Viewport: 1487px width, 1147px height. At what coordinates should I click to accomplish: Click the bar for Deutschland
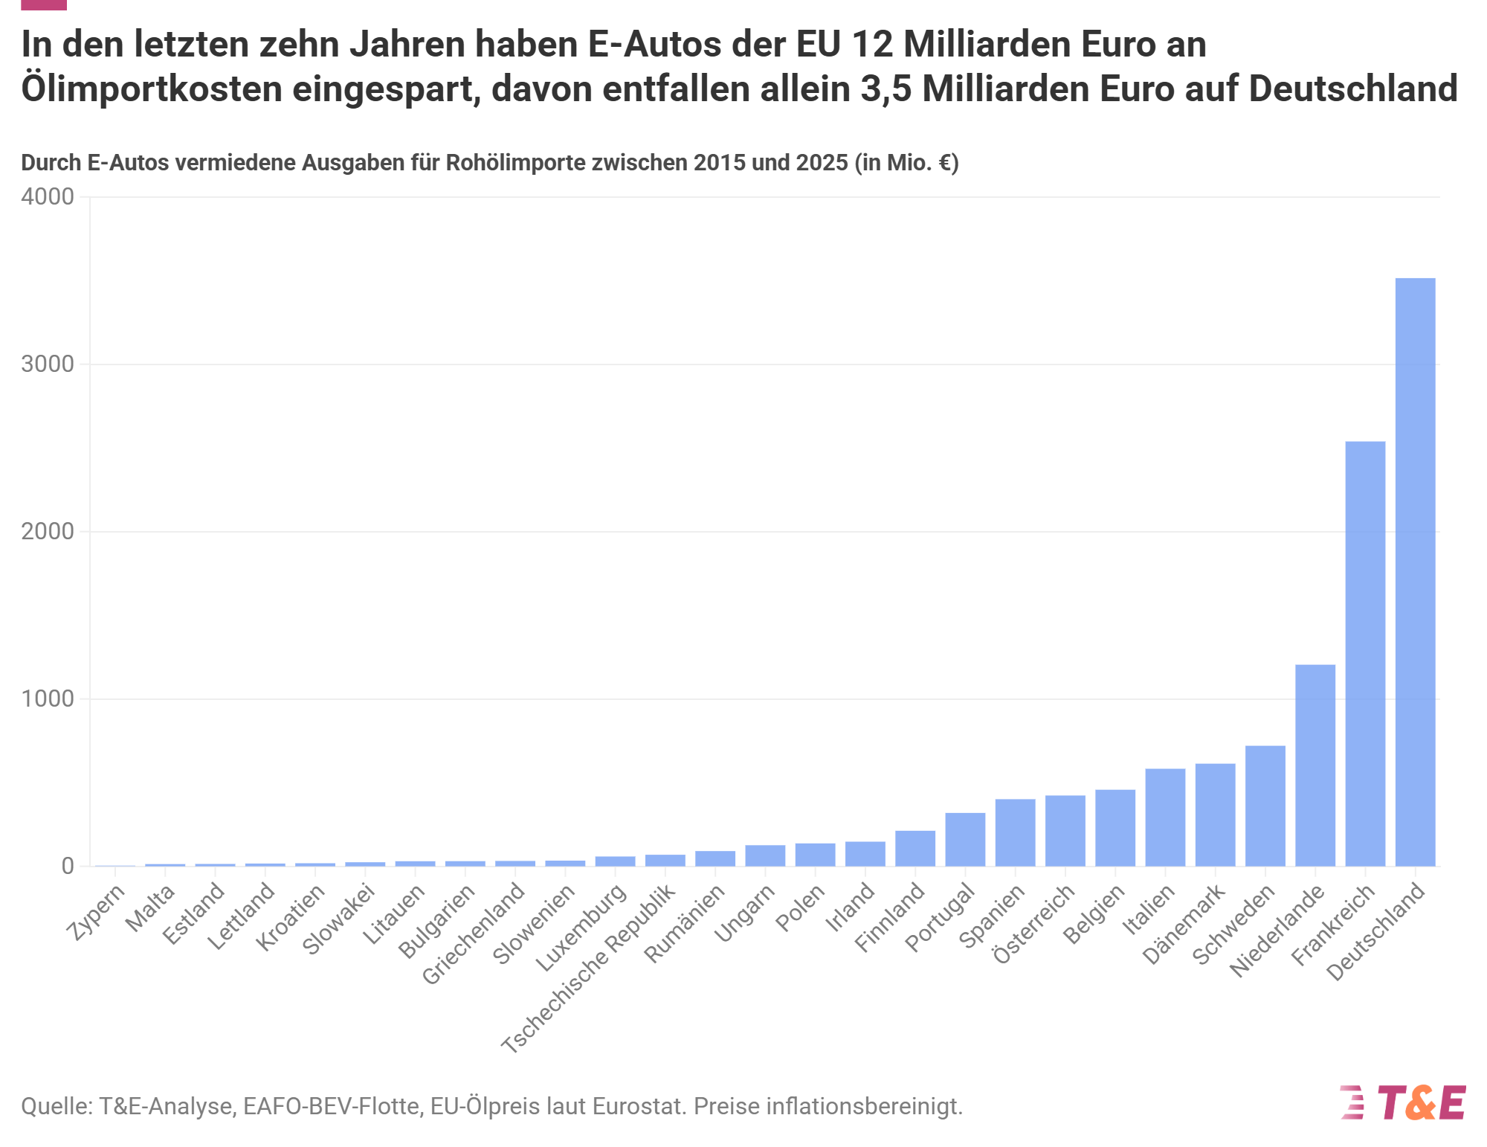pos(1415,572)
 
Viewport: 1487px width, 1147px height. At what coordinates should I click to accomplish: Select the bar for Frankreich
pos(1365,654)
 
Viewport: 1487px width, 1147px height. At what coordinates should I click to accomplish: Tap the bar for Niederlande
pos(1315,765)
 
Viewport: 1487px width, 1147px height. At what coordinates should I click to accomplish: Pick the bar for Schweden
pos(1265,806)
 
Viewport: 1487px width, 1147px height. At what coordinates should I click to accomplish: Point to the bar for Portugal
pos(965,840)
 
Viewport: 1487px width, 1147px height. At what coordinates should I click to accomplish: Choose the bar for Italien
pos(1165,817)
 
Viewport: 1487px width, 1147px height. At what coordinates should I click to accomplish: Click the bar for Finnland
pos(915,849)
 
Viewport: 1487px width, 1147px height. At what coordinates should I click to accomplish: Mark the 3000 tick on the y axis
pos(48,364)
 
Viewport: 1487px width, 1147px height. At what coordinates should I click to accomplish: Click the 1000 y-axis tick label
pos(48,698)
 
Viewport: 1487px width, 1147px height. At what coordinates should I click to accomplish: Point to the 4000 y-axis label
pos(48,196)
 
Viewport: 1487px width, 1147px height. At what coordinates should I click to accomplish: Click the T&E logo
pos(1403,1102)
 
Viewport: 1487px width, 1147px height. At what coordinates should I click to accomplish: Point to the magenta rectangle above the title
pos(44,4)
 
